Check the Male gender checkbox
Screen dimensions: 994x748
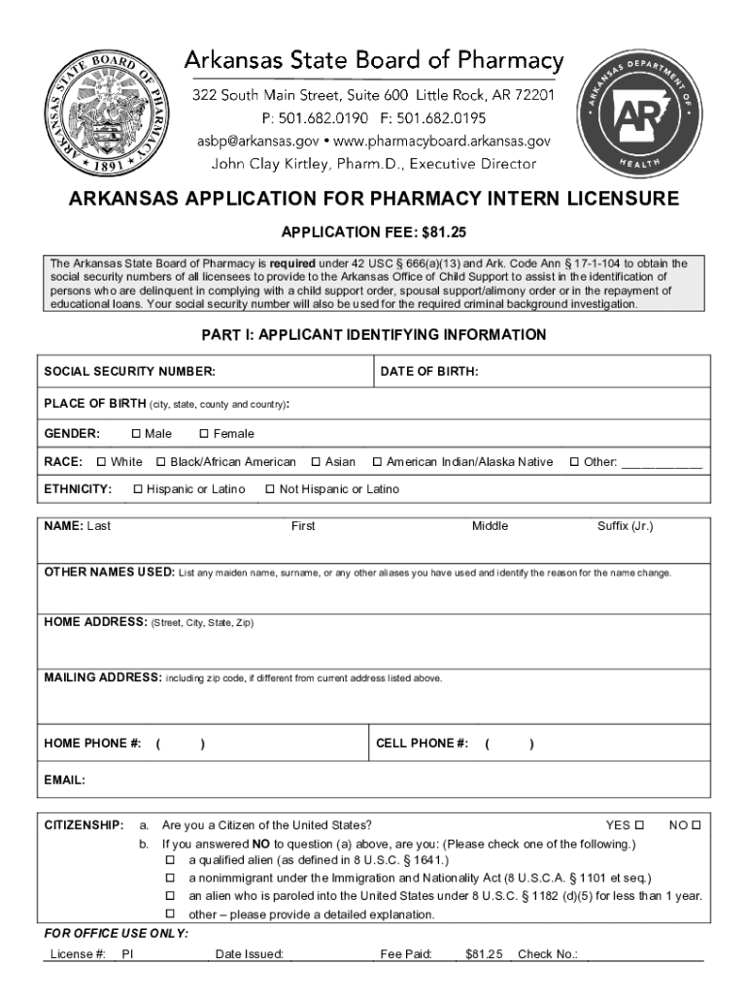point(136,434)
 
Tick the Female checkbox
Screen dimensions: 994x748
point(204,434)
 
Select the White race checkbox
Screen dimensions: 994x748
point(102,462)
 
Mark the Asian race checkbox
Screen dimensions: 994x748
point(316,462)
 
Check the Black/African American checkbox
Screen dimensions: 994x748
point(162,462)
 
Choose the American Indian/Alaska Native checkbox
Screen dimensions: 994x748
point(378,462)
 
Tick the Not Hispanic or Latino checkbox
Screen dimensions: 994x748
point(270,489)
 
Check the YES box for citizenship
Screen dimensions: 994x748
point(639,825)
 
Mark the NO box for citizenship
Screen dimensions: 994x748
point(696,825)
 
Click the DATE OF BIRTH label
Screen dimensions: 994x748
point(429,372)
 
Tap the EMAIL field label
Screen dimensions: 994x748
point(65,779)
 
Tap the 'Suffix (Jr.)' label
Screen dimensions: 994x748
point(626,526)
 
